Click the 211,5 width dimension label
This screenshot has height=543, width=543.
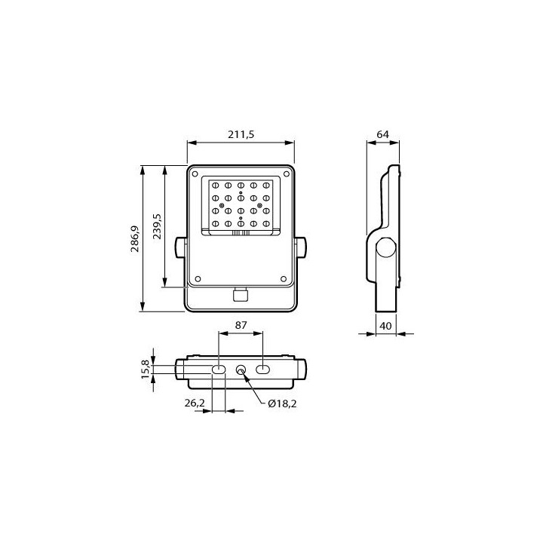241,134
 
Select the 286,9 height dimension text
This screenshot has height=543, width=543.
135,239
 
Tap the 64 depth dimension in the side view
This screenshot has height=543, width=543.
382,134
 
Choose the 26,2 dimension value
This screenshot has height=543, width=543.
195,403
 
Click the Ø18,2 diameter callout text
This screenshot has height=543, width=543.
281,403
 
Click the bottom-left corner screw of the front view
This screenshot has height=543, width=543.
196,278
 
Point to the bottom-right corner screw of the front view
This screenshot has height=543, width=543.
284,278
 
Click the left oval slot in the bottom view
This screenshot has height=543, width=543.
218,370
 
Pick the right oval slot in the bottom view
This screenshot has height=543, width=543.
263,370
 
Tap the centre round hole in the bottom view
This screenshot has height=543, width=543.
241,370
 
